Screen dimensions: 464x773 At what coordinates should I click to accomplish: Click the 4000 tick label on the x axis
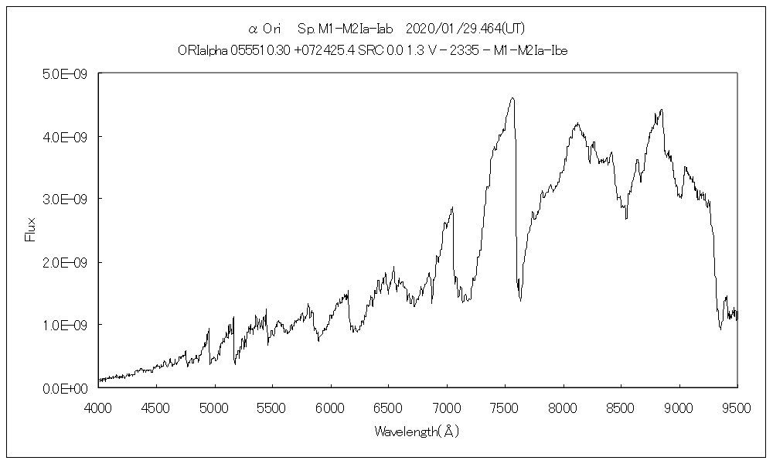tap(98, 407)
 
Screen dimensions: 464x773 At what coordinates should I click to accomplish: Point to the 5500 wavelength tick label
tap(272, 407)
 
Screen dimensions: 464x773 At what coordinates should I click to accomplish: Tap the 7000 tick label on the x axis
tap(447, 407)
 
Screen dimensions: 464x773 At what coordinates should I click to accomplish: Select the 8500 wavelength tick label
tap(621, 407)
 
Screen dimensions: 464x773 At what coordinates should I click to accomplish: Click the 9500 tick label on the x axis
tap(737, 407)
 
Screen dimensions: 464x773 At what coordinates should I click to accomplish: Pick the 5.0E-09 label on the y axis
tap(65, 73)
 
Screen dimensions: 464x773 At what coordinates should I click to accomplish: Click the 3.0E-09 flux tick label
tap(65, 199)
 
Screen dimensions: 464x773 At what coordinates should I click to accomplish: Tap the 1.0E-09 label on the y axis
tap(65, 325)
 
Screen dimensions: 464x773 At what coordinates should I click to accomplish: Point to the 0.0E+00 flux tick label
tap(65, 387)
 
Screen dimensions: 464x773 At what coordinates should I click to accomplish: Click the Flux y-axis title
tap(31, 230)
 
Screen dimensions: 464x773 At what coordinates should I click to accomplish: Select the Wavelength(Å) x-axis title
tap(417, 432)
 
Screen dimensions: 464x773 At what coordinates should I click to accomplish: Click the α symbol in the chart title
tap(252, 29)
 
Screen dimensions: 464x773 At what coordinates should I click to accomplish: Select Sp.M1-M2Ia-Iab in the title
tap(346, 29)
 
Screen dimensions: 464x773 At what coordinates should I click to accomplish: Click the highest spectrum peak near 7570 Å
tap(512, 98)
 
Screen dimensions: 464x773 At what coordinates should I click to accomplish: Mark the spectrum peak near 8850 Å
tap(661, 110)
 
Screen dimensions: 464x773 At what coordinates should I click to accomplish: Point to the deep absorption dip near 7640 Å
tap(520, 301)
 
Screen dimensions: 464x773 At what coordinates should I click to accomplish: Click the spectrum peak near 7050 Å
tap(452, 207)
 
